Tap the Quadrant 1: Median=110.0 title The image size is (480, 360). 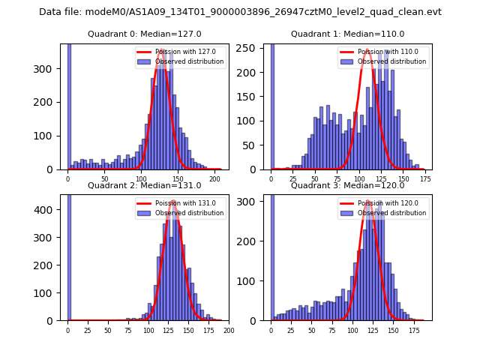point(347,34)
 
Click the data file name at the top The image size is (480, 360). point(240,12)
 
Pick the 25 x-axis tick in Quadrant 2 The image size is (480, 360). point(88,330)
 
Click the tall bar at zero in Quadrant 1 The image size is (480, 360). point(271,105)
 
